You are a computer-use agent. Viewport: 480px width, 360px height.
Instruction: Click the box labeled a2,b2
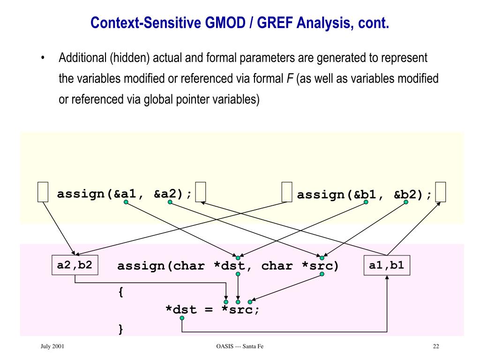click(x=75, y=265)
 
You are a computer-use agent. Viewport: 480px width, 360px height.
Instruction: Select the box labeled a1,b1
click(x=386, y=265)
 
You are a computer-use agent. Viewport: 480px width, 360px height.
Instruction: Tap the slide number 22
click(x=436, y=346)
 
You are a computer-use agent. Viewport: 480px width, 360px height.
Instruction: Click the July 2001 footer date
click(x=52, y=346)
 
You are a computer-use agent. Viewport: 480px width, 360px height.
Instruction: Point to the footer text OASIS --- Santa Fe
click(x=240, y=346)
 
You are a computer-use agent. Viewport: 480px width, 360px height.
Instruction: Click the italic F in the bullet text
click(x=290, y=79)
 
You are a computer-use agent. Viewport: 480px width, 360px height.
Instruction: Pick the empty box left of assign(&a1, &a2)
click(x=43, y=192)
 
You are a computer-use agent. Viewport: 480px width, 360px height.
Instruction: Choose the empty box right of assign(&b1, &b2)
click(x=440, y=192)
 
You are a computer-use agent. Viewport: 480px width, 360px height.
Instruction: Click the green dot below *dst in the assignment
click(x=182, y=318)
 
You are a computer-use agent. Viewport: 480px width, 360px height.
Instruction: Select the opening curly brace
click(x=121, y=292)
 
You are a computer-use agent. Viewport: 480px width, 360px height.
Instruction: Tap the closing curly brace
click(x=121, y=329)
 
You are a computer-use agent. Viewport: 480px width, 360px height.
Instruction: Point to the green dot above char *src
click(x=322, y=257)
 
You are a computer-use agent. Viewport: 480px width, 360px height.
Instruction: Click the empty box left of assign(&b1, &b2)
click(x=287, y=192)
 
